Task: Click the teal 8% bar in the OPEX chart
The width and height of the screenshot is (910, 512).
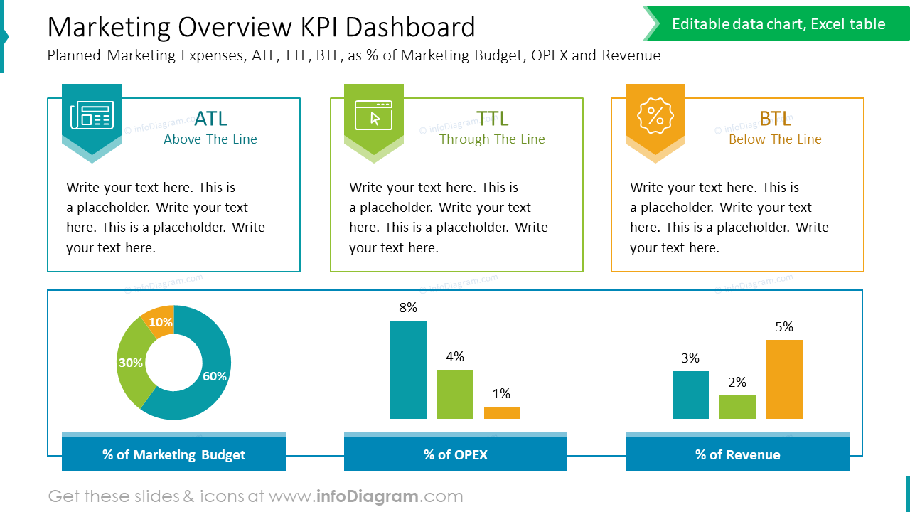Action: click(408, 370)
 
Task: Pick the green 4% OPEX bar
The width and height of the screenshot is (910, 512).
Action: click(455, 394)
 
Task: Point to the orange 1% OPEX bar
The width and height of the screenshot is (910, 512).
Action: click(502, 412)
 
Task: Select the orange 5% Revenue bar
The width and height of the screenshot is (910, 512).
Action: click(784, 379)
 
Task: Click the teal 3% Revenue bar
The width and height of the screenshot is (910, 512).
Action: click(690, 395)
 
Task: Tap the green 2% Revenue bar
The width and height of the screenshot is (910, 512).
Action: click(737, 407)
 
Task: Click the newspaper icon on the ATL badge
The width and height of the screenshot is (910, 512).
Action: click(92, 115)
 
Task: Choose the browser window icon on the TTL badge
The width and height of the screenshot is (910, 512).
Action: click(373, 114)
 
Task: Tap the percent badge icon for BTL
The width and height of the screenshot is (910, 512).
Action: click(655, 116)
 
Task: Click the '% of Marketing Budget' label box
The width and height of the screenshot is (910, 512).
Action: click(173, 454)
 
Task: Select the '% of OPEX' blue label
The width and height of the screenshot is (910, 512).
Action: click(455, 454)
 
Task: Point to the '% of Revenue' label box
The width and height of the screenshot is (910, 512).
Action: click(737, 454)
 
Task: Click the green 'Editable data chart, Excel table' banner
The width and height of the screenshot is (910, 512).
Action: click(778, 24)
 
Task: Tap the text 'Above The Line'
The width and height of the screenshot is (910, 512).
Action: click(210, 139)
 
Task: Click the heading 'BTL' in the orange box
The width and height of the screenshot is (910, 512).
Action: click(775, 118)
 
